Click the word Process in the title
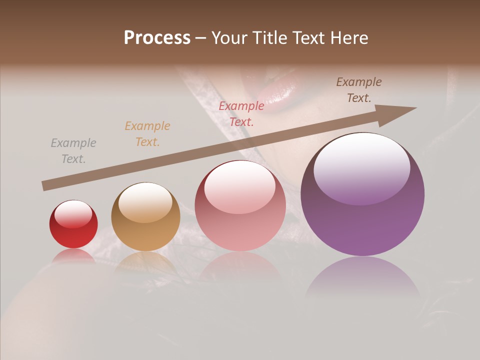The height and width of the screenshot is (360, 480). [157, 38]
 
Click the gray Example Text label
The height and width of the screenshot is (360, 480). [73, 151]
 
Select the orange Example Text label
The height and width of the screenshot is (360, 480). [147, 134]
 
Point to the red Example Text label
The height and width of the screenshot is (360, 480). [241, 113]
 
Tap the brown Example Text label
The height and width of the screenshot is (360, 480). [359, 90]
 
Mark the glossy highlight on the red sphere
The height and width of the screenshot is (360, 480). [73, 214]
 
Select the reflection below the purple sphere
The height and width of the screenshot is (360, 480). [362, 277]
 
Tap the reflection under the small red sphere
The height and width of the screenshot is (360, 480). [73, 256]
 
